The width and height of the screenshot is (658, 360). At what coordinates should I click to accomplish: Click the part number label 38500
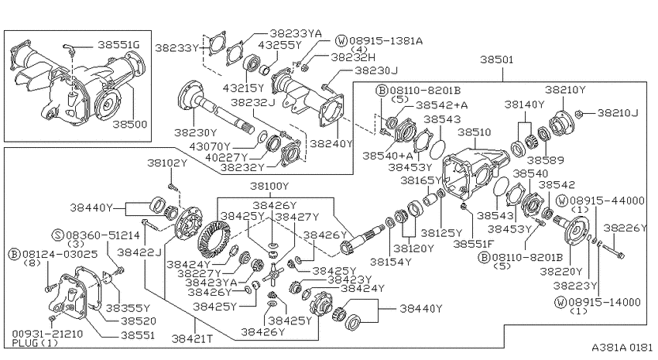130,125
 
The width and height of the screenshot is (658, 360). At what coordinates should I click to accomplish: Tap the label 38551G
118,45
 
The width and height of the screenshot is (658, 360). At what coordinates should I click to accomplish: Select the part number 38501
496,60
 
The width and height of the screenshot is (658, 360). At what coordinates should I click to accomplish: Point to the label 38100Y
269,186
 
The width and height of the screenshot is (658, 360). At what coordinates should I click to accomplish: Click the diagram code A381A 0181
622,348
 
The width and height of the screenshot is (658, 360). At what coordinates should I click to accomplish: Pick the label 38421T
192,338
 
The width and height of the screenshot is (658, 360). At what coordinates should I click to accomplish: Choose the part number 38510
475,132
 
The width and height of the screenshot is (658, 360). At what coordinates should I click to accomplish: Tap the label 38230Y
196,133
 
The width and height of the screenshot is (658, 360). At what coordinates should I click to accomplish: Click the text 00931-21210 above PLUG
47,334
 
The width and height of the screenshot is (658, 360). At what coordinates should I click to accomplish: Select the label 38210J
618,113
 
